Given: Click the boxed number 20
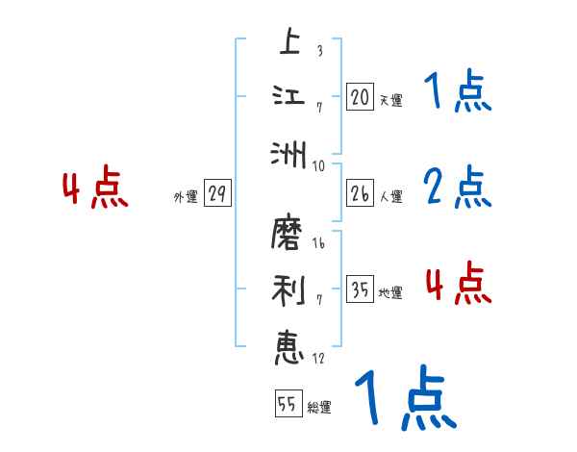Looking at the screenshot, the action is [360, 97].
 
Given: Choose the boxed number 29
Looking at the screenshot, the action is [217, 193].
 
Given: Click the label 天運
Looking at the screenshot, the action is [390, 100].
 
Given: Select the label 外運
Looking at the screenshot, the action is [185, 196].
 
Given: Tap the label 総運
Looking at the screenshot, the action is [318, 407].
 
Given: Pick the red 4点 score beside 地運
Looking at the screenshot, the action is [458, 284].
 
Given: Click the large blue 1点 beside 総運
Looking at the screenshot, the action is [405, 398].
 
